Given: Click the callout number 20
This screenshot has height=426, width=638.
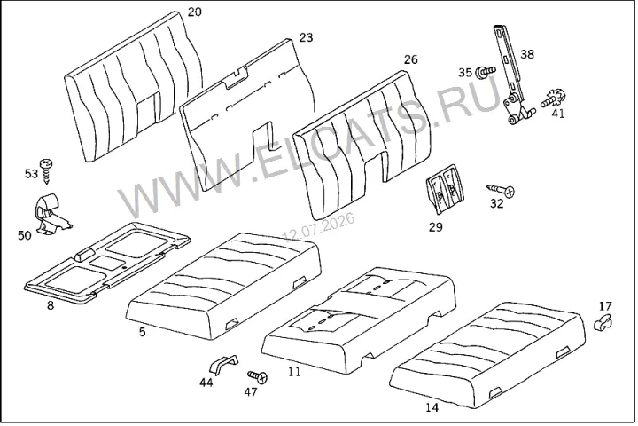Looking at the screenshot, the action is click(x=194, y=12).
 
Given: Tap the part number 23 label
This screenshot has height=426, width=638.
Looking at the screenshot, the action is click(x=306, y=37).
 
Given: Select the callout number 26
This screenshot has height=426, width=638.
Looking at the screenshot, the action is click(x=410, y=59).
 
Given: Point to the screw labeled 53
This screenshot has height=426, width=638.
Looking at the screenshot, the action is click(x=47, y=170).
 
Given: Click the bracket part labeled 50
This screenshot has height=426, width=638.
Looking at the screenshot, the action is click(x=51, y=213).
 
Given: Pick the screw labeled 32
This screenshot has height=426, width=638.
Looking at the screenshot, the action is click(x=501, y=190).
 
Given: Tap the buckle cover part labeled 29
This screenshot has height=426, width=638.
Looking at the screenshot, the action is click(x=445, y=189).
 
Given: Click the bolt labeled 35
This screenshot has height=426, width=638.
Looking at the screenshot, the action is click(x=486, y=71).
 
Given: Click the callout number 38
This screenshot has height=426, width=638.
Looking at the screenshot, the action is click(x=527, y=54).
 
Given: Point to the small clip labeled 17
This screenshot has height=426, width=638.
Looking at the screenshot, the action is click(x=603, y=322).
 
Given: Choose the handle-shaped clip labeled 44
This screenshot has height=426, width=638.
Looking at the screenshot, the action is click(x=223, y=364).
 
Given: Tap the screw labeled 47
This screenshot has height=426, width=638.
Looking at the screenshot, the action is click(x=258, y=376).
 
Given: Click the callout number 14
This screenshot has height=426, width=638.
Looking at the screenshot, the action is click(x=432, y=407).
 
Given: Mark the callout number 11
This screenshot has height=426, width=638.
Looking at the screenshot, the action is click(x=294, y=372).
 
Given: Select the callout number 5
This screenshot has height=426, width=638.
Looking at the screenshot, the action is click(x=142, y=332).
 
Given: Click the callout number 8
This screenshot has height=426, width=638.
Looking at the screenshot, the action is click(x=51, y=305).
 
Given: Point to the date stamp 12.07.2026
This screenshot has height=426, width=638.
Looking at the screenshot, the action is click(x=319, y=226).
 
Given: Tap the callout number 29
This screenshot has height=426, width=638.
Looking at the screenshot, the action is click(x=435, y=227).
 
